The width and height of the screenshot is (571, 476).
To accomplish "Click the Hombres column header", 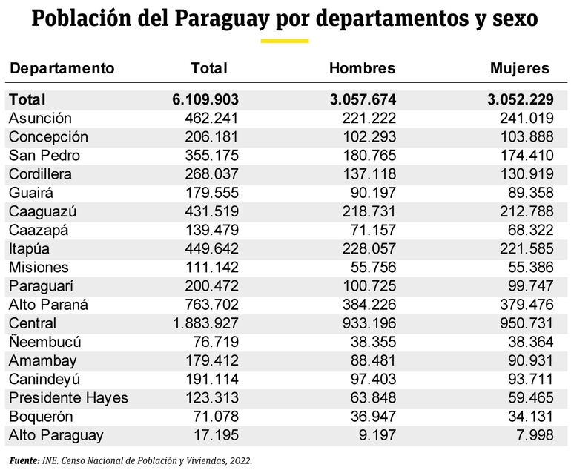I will (362, 69).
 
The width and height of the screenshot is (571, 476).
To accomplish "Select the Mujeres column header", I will (520, 69).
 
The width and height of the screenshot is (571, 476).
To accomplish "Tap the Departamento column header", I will (62, 69).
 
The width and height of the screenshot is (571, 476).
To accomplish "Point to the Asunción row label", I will (40, 119).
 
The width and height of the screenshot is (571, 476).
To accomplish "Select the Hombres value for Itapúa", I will (369, 249).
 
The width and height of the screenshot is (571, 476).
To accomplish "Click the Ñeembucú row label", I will (44, 343).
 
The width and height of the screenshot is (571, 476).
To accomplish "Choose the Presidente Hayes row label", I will (68, 398).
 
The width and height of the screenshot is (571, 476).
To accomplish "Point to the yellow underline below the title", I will (285, 41).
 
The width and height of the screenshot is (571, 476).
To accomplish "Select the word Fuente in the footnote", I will (24, 460).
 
